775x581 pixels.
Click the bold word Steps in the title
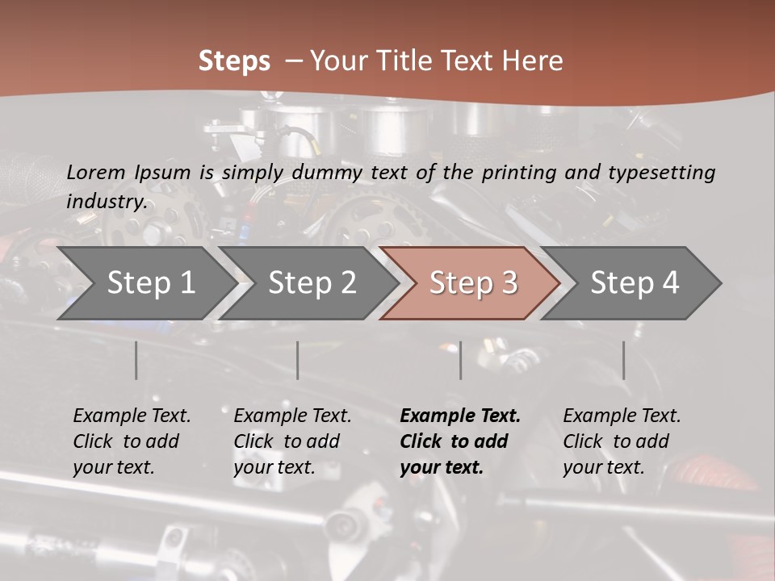click(234, 61)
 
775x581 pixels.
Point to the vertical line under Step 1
click(136, 360)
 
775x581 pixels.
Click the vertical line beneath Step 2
click(298, 360)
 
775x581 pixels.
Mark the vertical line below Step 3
click(460, 360)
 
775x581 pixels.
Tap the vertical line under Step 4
click(623, 360)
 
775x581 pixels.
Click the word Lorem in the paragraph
click(96, 173)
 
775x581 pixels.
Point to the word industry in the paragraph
click(107, 202)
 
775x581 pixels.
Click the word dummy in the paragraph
click(327, 173)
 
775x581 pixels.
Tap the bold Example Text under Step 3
click(460, 416)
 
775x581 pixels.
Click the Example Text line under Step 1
click(132, 416)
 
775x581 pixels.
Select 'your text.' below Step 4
click(604, 467)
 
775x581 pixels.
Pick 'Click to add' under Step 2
click(287, 441)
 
